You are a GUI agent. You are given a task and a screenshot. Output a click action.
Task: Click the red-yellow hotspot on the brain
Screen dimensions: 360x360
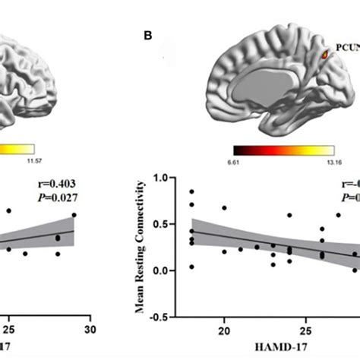pyautogui.click(x=327, y=55)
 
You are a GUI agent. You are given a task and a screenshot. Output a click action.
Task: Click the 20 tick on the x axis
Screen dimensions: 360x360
pyautogui.click(x=223, y=332)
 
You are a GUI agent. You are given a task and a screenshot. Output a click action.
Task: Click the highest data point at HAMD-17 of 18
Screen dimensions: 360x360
pyautogui.click(x=191, y=192)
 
